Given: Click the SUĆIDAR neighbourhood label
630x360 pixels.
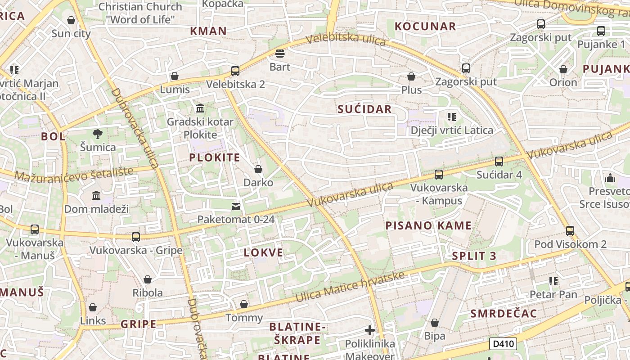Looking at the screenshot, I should pos(364,109).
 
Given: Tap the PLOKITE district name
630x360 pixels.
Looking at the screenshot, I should pos(215,157).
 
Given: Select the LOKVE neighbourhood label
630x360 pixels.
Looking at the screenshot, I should pos(264,253).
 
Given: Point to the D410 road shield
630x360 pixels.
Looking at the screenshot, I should pos(503,344).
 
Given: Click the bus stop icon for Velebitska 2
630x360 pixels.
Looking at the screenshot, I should pos(235,71).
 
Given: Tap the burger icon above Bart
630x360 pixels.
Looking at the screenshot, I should pos(280,54).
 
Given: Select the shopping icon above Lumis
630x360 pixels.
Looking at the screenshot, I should pos(174,76).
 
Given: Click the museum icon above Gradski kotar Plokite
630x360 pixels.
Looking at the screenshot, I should pos(200,108).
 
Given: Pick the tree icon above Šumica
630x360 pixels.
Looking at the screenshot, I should pos(97,134).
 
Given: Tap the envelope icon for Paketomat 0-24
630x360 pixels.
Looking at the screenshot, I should pos(235,207).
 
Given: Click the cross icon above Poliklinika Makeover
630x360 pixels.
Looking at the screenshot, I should pos(370,331).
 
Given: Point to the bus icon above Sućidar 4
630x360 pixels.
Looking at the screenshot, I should pos(499,162).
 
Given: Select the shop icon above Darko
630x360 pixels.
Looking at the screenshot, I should pos(258,169).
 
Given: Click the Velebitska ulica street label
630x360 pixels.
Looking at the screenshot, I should pos(346,39).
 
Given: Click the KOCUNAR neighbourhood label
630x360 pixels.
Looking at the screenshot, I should pos(425,27).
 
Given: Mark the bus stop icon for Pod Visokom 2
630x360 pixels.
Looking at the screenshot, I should pos(570,231).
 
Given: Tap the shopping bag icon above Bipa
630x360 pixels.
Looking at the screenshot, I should pos(434,323).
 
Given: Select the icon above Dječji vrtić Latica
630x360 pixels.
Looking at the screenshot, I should pos(452,117).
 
